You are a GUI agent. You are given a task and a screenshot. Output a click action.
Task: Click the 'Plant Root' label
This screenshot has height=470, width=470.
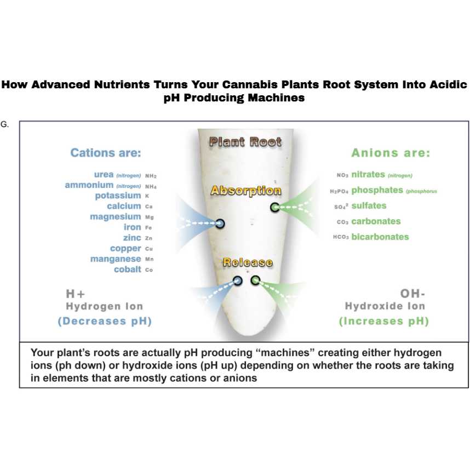click(245, 142)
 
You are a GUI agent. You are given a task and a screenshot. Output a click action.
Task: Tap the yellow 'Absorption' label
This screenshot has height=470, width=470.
click(246, 191)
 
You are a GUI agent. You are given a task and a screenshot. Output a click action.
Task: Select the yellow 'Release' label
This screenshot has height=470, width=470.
click(247, 262)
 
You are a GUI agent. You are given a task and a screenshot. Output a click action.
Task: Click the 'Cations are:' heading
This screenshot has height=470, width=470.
click(106, 153)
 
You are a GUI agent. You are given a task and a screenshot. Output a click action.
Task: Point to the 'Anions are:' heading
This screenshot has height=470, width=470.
click(391, 153)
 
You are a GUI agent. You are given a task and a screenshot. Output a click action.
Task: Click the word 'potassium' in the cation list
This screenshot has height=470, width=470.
click(118, 196)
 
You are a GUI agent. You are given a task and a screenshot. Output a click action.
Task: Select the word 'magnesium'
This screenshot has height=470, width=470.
click(116, 217)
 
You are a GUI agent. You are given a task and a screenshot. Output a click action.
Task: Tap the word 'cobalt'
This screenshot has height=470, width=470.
click(128, 270)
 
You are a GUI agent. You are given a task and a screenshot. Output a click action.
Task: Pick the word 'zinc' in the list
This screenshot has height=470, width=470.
click(132, 238)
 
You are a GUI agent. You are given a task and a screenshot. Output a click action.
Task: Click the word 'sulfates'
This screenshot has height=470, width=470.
click(369, 206)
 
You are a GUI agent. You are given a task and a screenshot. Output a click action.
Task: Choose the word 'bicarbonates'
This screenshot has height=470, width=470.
click(380, 237)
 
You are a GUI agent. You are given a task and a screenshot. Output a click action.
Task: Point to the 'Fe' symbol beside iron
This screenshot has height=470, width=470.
click(148, 228)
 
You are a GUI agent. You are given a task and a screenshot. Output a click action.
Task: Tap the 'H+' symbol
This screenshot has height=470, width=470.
click(76, 294)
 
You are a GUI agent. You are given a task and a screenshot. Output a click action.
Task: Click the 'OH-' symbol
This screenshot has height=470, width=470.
click(412, 294)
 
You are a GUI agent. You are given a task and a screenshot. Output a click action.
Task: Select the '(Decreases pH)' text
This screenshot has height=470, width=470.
click(105, 322)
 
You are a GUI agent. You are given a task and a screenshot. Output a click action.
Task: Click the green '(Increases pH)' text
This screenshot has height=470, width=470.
click(383, 322)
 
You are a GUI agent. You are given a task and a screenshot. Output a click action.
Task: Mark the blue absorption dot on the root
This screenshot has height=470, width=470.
click(220, 223)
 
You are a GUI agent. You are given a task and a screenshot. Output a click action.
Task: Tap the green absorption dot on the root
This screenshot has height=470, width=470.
click(274, 207)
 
